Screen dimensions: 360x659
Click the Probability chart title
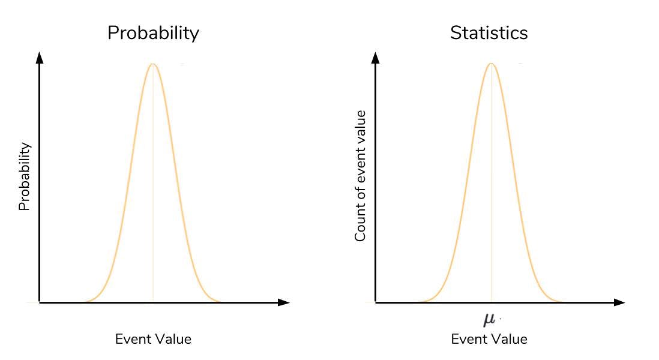coord(153,33)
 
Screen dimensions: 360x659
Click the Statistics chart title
coord(489,33)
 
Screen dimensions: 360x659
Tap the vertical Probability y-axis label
coord(24,176)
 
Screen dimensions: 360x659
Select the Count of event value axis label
coord(360,176)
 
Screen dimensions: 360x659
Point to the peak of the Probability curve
coord(153,64)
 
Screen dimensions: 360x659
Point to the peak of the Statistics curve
coord(492,64)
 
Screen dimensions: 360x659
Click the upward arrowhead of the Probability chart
coord(40,58)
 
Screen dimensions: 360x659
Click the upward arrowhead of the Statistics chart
coord(376,58)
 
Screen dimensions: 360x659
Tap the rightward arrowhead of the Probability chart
coord(284,302)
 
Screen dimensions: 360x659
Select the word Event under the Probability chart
coord(130,339)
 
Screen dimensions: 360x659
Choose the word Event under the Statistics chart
coord(466,339)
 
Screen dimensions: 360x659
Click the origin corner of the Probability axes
coord(40,302)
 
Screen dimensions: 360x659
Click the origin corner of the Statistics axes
coord(376,302)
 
